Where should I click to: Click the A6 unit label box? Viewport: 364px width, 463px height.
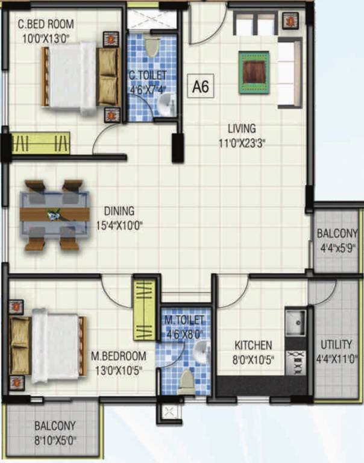(200, 87)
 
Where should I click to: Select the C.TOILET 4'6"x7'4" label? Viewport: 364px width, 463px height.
(147, 81)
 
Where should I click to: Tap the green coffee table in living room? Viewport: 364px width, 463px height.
(253, 72)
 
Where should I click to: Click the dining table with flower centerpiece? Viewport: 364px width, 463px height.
(54, 214)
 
